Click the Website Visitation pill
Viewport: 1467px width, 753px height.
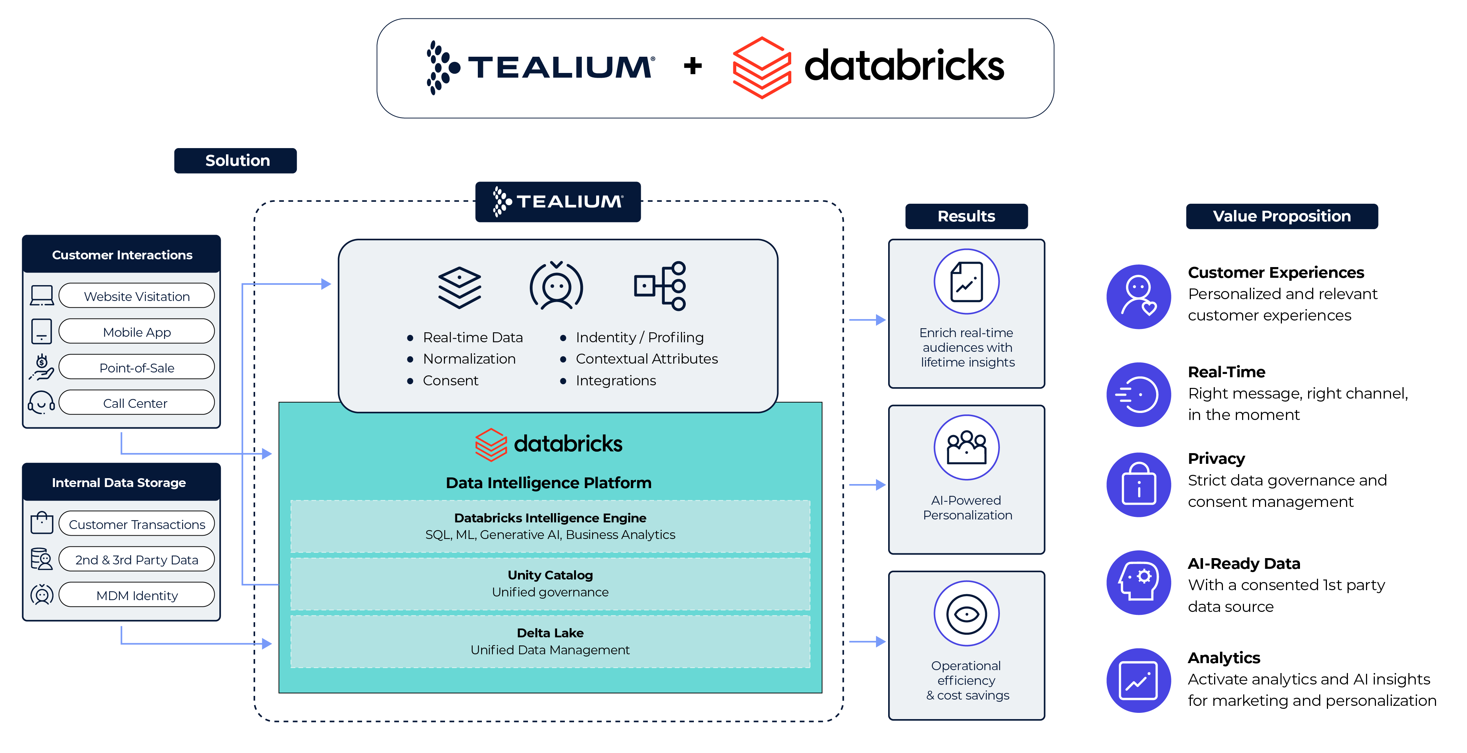137,296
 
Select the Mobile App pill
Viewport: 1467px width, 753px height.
137,332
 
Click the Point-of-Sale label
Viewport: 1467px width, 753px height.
137,368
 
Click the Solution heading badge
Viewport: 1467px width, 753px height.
235,161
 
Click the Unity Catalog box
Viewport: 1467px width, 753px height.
550,584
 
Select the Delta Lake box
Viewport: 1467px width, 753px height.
550,641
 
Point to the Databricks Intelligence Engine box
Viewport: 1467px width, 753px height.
550,526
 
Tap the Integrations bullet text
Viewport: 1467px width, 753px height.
616,380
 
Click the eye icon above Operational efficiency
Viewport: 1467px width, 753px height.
966,613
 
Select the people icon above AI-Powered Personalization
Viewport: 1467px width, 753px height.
966,447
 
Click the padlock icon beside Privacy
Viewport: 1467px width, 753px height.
1139,484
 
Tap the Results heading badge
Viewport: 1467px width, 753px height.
966,216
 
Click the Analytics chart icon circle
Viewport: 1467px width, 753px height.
1139,680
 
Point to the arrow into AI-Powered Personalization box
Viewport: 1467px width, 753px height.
867,485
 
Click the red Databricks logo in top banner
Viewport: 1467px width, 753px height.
761,67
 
